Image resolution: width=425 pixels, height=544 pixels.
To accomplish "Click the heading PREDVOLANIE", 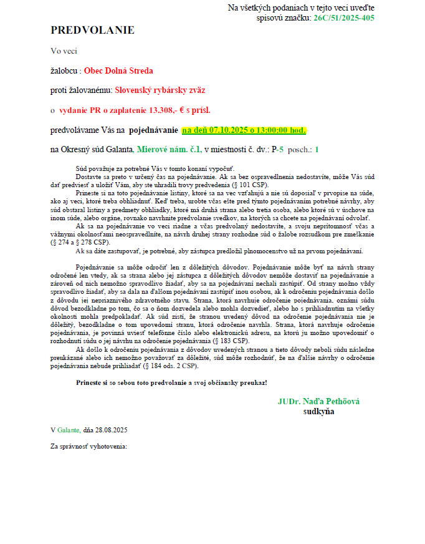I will pyautogui.click(x=92, y=31).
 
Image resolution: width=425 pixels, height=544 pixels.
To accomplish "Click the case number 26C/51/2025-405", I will pyautogui.click(x=344, y=18).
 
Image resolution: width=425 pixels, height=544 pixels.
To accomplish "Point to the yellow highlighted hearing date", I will pyautogui.click(x=244, y=130).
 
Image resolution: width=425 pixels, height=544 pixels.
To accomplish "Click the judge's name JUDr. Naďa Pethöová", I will pyautogui.click(x=318, y=402).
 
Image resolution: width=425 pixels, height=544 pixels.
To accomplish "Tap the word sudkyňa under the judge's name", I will pyautogui.click(x=318, y=412).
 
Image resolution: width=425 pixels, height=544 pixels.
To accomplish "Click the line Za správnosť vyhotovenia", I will pyautogui.click(x=88, y=447).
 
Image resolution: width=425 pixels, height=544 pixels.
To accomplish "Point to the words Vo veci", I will pyautogui.click(x=64, y=51).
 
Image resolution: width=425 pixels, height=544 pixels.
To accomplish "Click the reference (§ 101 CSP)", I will pyautogui.click(x=251, y=186).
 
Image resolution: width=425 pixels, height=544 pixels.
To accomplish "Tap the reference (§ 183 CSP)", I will pyautogui.click(x=231, y=342).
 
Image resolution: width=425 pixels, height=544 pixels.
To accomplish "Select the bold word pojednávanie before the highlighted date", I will pyautogui.click(x=153, y=130).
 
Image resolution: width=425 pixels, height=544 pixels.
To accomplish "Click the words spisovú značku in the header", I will pyautogui.click(x=284, y=18).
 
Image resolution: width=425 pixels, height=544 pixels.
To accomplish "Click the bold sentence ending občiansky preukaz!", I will pyautogui.click(x=171, y=382).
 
